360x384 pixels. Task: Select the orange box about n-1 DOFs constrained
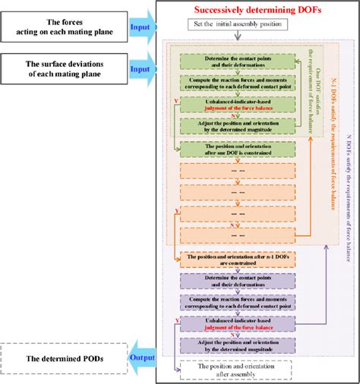235,260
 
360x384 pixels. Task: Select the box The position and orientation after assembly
235,370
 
